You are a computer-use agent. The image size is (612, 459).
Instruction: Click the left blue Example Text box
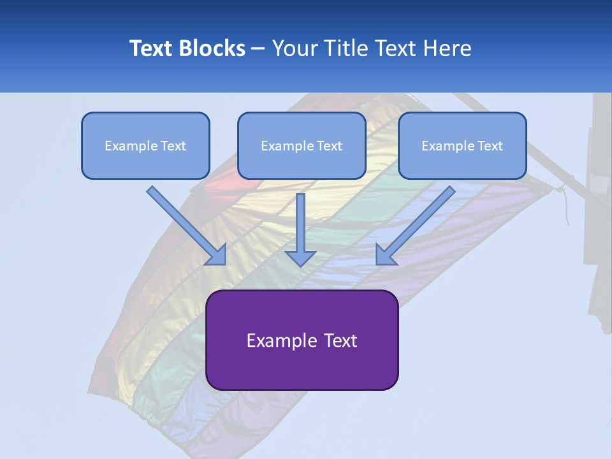[145, 145]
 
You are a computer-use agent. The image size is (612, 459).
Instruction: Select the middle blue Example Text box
[302, 145]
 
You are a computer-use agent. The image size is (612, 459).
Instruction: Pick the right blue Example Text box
[462, 145]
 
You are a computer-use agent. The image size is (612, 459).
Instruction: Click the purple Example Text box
[302, 340]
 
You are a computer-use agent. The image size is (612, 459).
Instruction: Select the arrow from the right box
[418, 223]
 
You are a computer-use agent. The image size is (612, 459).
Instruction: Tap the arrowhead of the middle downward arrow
[300, 258]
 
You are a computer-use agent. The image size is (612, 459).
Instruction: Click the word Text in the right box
[490, 146]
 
